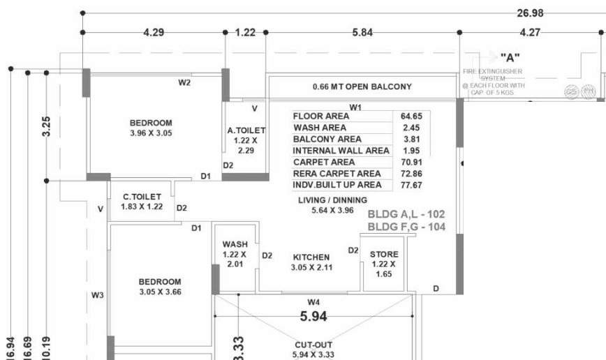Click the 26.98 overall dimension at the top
click(x=530, y=13)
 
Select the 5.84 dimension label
click(x=362, y=32)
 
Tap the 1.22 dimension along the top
click(x=245, y=32)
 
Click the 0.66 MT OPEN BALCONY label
click(x=362, y=87)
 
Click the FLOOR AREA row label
click(x=321, y=116)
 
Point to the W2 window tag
click(x=184, y=82)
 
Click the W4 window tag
click(x=313, y=302)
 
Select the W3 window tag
click(x=97, y=296)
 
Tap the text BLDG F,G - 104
click(x=406, y=227)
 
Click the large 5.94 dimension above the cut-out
click(x=313, y=316)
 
